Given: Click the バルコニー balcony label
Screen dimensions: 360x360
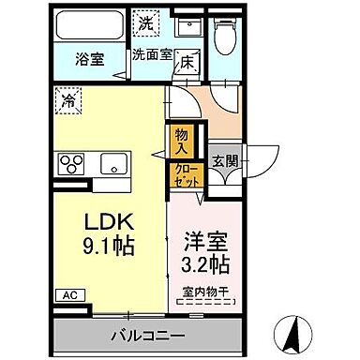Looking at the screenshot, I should point(149,336).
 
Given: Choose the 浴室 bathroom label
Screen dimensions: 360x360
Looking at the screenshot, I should point(90,58).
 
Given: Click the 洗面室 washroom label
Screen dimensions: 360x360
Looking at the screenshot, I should point(152,54).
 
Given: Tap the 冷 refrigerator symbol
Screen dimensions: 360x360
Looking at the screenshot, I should point(69,97).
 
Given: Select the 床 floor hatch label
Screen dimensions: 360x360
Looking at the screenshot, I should point(187,64).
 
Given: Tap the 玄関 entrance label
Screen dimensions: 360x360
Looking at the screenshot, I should point(225,160).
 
